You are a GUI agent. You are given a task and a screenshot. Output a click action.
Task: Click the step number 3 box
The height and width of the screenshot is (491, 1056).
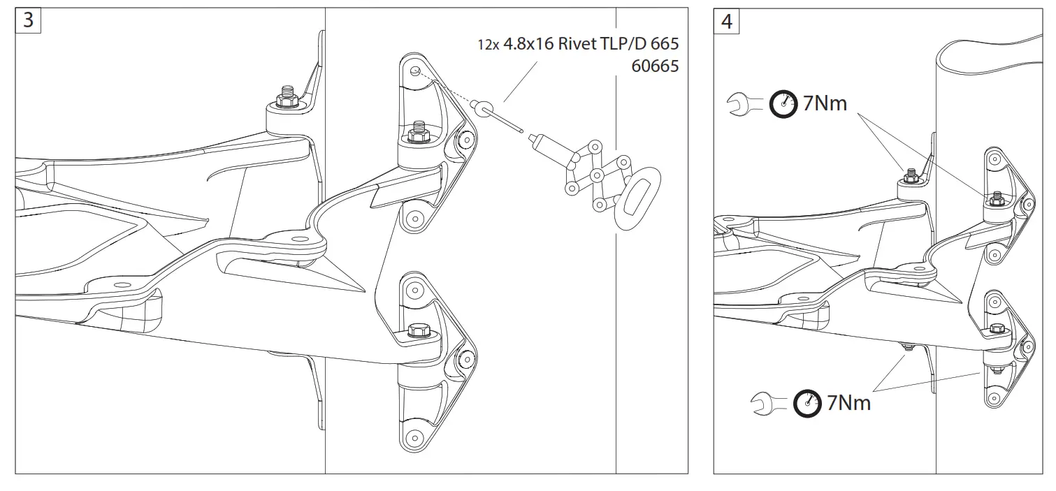coord(28,20)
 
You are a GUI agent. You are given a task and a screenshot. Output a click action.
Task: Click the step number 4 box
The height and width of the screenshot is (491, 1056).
coord(727,22)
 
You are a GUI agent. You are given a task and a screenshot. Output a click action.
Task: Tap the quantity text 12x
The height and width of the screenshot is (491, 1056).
coord(487,45)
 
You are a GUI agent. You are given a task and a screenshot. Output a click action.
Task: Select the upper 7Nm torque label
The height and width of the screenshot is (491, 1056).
coord(825,103)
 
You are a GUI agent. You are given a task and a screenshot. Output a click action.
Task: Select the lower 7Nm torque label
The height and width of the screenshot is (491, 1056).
coord(848,403)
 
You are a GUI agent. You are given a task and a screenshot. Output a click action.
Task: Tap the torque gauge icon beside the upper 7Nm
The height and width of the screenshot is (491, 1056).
coord(783,104)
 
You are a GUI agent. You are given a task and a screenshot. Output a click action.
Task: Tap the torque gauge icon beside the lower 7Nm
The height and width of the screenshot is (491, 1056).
coord(807,404)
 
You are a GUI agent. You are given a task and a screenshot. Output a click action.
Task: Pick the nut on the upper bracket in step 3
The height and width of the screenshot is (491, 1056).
coord(418,135)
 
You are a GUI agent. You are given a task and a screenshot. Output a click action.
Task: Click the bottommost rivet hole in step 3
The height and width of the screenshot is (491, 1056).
coord(414,438)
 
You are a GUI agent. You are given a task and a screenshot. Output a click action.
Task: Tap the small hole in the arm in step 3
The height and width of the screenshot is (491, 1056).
coord(117,285)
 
